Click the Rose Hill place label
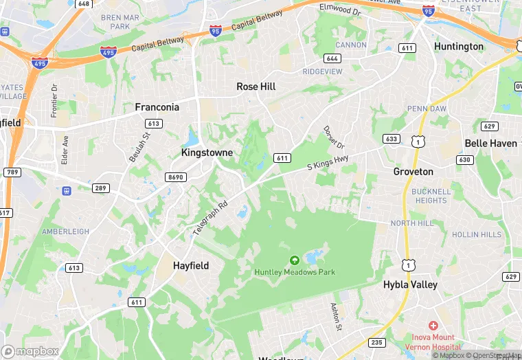pyautogui.click(x=256, y=87)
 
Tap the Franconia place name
pyautogui.click(x=157, y=107)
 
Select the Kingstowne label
pyautogui.click(x=207, y=152)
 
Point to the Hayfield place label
pyautogui.click(x=191, y=265)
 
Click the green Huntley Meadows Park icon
pyautogui.click(x=295, y=260)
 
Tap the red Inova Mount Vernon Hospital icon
pyautogui.click(x=433, y=325)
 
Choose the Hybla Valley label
pyautogui.click(x=410, y=284)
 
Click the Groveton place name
pyautogui.click(x=413, y=171)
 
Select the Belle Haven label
pyautogui.click(x=491, y=143)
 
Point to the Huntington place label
pyautogui.click(x=459, y=46)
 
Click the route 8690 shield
pyautogui.click(x=176, y=177)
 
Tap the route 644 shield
pyautogui.click(x=332, y=58)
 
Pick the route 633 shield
pyautogui.click(x=391, y=139)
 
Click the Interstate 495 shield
pyautogui.click(x=108, y=52)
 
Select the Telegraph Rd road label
pyautogui.click(x=210, y=218)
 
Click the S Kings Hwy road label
pyautogui.click(x=328, y=162)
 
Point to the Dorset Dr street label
pyautogui.click(x=334, y=139)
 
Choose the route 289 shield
pyautogui.click(x=101, y=188)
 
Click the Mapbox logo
pyautogui.click(x=30, y=351)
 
